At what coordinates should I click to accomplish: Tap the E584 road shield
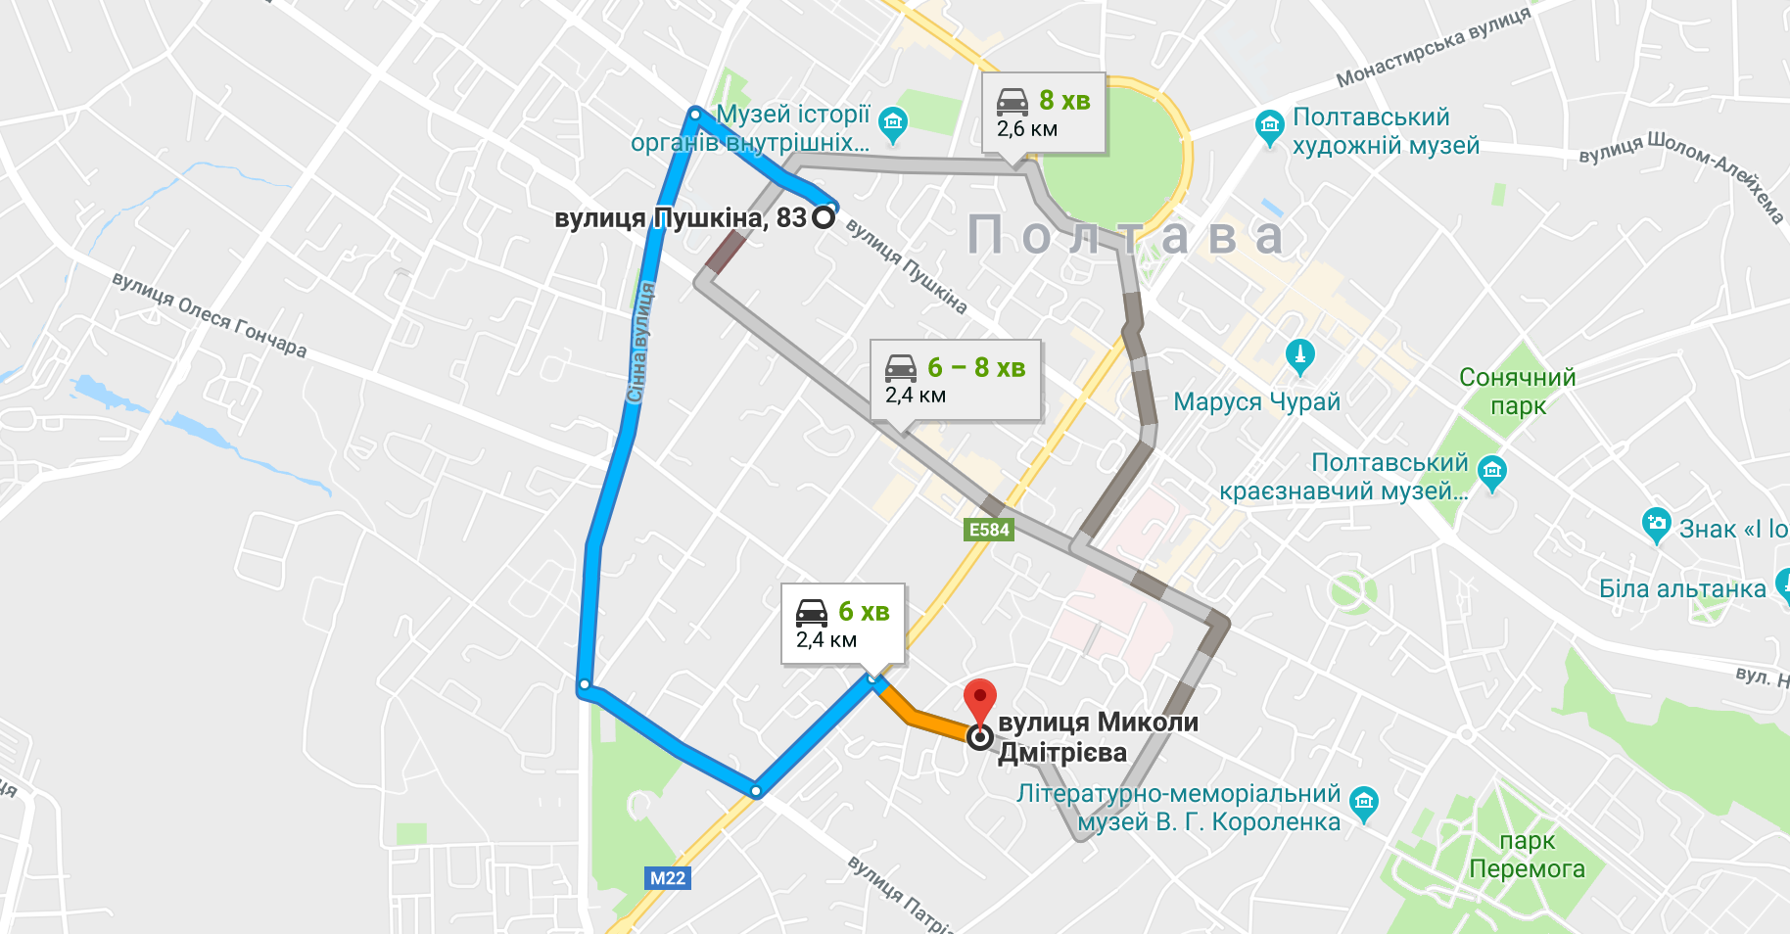(989, 530)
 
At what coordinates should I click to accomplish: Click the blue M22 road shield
(668, 878)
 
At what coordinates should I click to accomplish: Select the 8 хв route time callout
(1044, 114)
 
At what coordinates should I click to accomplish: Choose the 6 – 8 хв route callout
(956, 380)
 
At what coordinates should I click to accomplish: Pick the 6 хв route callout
(842, 624)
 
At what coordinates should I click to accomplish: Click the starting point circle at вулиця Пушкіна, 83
(824, 216)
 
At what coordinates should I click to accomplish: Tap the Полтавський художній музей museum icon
(1269, 125)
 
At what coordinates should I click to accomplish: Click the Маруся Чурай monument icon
(1299, 355)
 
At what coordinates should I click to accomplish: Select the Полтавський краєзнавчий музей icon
(1491, 472)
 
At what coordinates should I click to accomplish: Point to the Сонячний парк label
(1517, 391)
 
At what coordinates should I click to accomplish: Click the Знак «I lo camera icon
(1656, 524)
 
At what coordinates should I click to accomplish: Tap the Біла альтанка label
(1681, 588)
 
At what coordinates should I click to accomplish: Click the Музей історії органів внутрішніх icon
(892, 122)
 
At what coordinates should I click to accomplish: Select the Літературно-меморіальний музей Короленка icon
(1363, 803)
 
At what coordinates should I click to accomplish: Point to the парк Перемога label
(1527, 855)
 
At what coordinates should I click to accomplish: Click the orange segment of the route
(925, 720)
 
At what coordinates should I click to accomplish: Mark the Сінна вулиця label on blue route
(639, 343)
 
